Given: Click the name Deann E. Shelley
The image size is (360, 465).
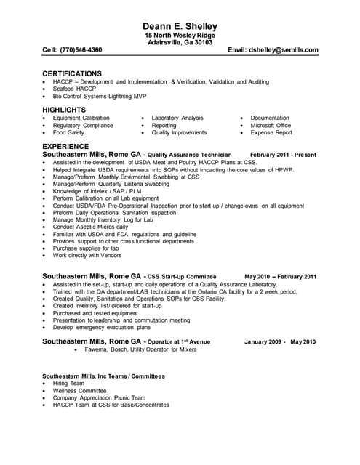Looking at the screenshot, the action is click(x=180, y=26).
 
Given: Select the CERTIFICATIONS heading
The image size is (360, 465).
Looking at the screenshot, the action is click(x=72, y=73).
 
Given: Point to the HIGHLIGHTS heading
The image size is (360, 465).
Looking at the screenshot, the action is click(x=64, y=110).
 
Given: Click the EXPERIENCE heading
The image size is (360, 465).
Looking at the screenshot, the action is click(x=65, y=146).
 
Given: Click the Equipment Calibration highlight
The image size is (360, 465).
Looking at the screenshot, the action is click(x=81, y=118).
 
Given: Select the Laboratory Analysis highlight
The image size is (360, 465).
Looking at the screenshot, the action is click(x=177, y=118).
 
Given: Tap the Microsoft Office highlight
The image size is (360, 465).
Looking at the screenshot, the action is click(x=271, y=125).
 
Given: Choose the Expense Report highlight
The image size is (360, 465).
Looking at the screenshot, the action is click(x=271, y=133).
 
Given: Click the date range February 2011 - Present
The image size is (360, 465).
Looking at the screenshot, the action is click(x=283, y=155).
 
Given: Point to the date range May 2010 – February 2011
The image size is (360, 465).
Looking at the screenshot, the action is click(x=280, y=276).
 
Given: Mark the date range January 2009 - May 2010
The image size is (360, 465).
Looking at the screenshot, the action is click(x=280, y=341).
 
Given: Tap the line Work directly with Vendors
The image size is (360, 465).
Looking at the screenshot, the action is click(x=87, y=256).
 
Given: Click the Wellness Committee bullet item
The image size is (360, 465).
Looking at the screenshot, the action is click(x=79, y=390).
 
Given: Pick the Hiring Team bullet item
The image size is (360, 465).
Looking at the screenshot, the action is click(x=70, y=383).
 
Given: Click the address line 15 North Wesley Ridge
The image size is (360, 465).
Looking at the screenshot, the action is click(x=180, y=36).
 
